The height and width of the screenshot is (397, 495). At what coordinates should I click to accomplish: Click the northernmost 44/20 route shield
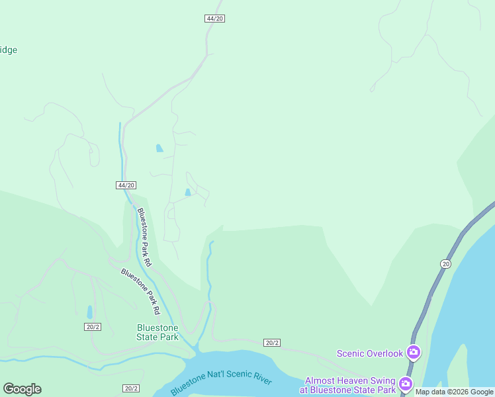215,19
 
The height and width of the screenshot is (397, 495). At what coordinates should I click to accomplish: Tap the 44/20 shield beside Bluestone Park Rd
126,185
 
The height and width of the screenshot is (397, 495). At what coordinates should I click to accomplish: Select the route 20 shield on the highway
445,264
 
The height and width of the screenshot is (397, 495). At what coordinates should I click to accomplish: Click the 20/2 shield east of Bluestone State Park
272,342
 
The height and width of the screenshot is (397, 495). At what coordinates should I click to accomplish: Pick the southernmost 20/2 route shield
131,388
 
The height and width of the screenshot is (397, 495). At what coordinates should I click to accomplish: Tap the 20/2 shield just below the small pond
93,327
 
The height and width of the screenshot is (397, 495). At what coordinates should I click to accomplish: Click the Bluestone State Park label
157,332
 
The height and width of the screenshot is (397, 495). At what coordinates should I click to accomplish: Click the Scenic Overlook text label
370,353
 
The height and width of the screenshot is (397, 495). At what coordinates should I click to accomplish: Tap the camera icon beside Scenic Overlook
414,351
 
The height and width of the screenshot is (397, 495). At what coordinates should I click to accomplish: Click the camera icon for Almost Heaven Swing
406,383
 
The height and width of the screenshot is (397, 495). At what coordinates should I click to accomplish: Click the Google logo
22,389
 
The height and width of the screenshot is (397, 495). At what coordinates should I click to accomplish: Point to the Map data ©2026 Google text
454,392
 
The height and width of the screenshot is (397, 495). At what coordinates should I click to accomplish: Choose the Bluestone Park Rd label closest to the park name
140,291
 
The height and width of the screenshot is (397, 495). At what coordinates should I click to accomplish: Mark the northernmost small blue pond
159,148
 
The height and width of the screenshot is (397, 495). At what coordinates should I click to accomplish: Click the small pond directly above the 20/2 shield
90,312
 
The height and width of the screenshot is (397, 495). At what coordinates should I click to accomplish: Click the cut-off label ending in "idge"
8,50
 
